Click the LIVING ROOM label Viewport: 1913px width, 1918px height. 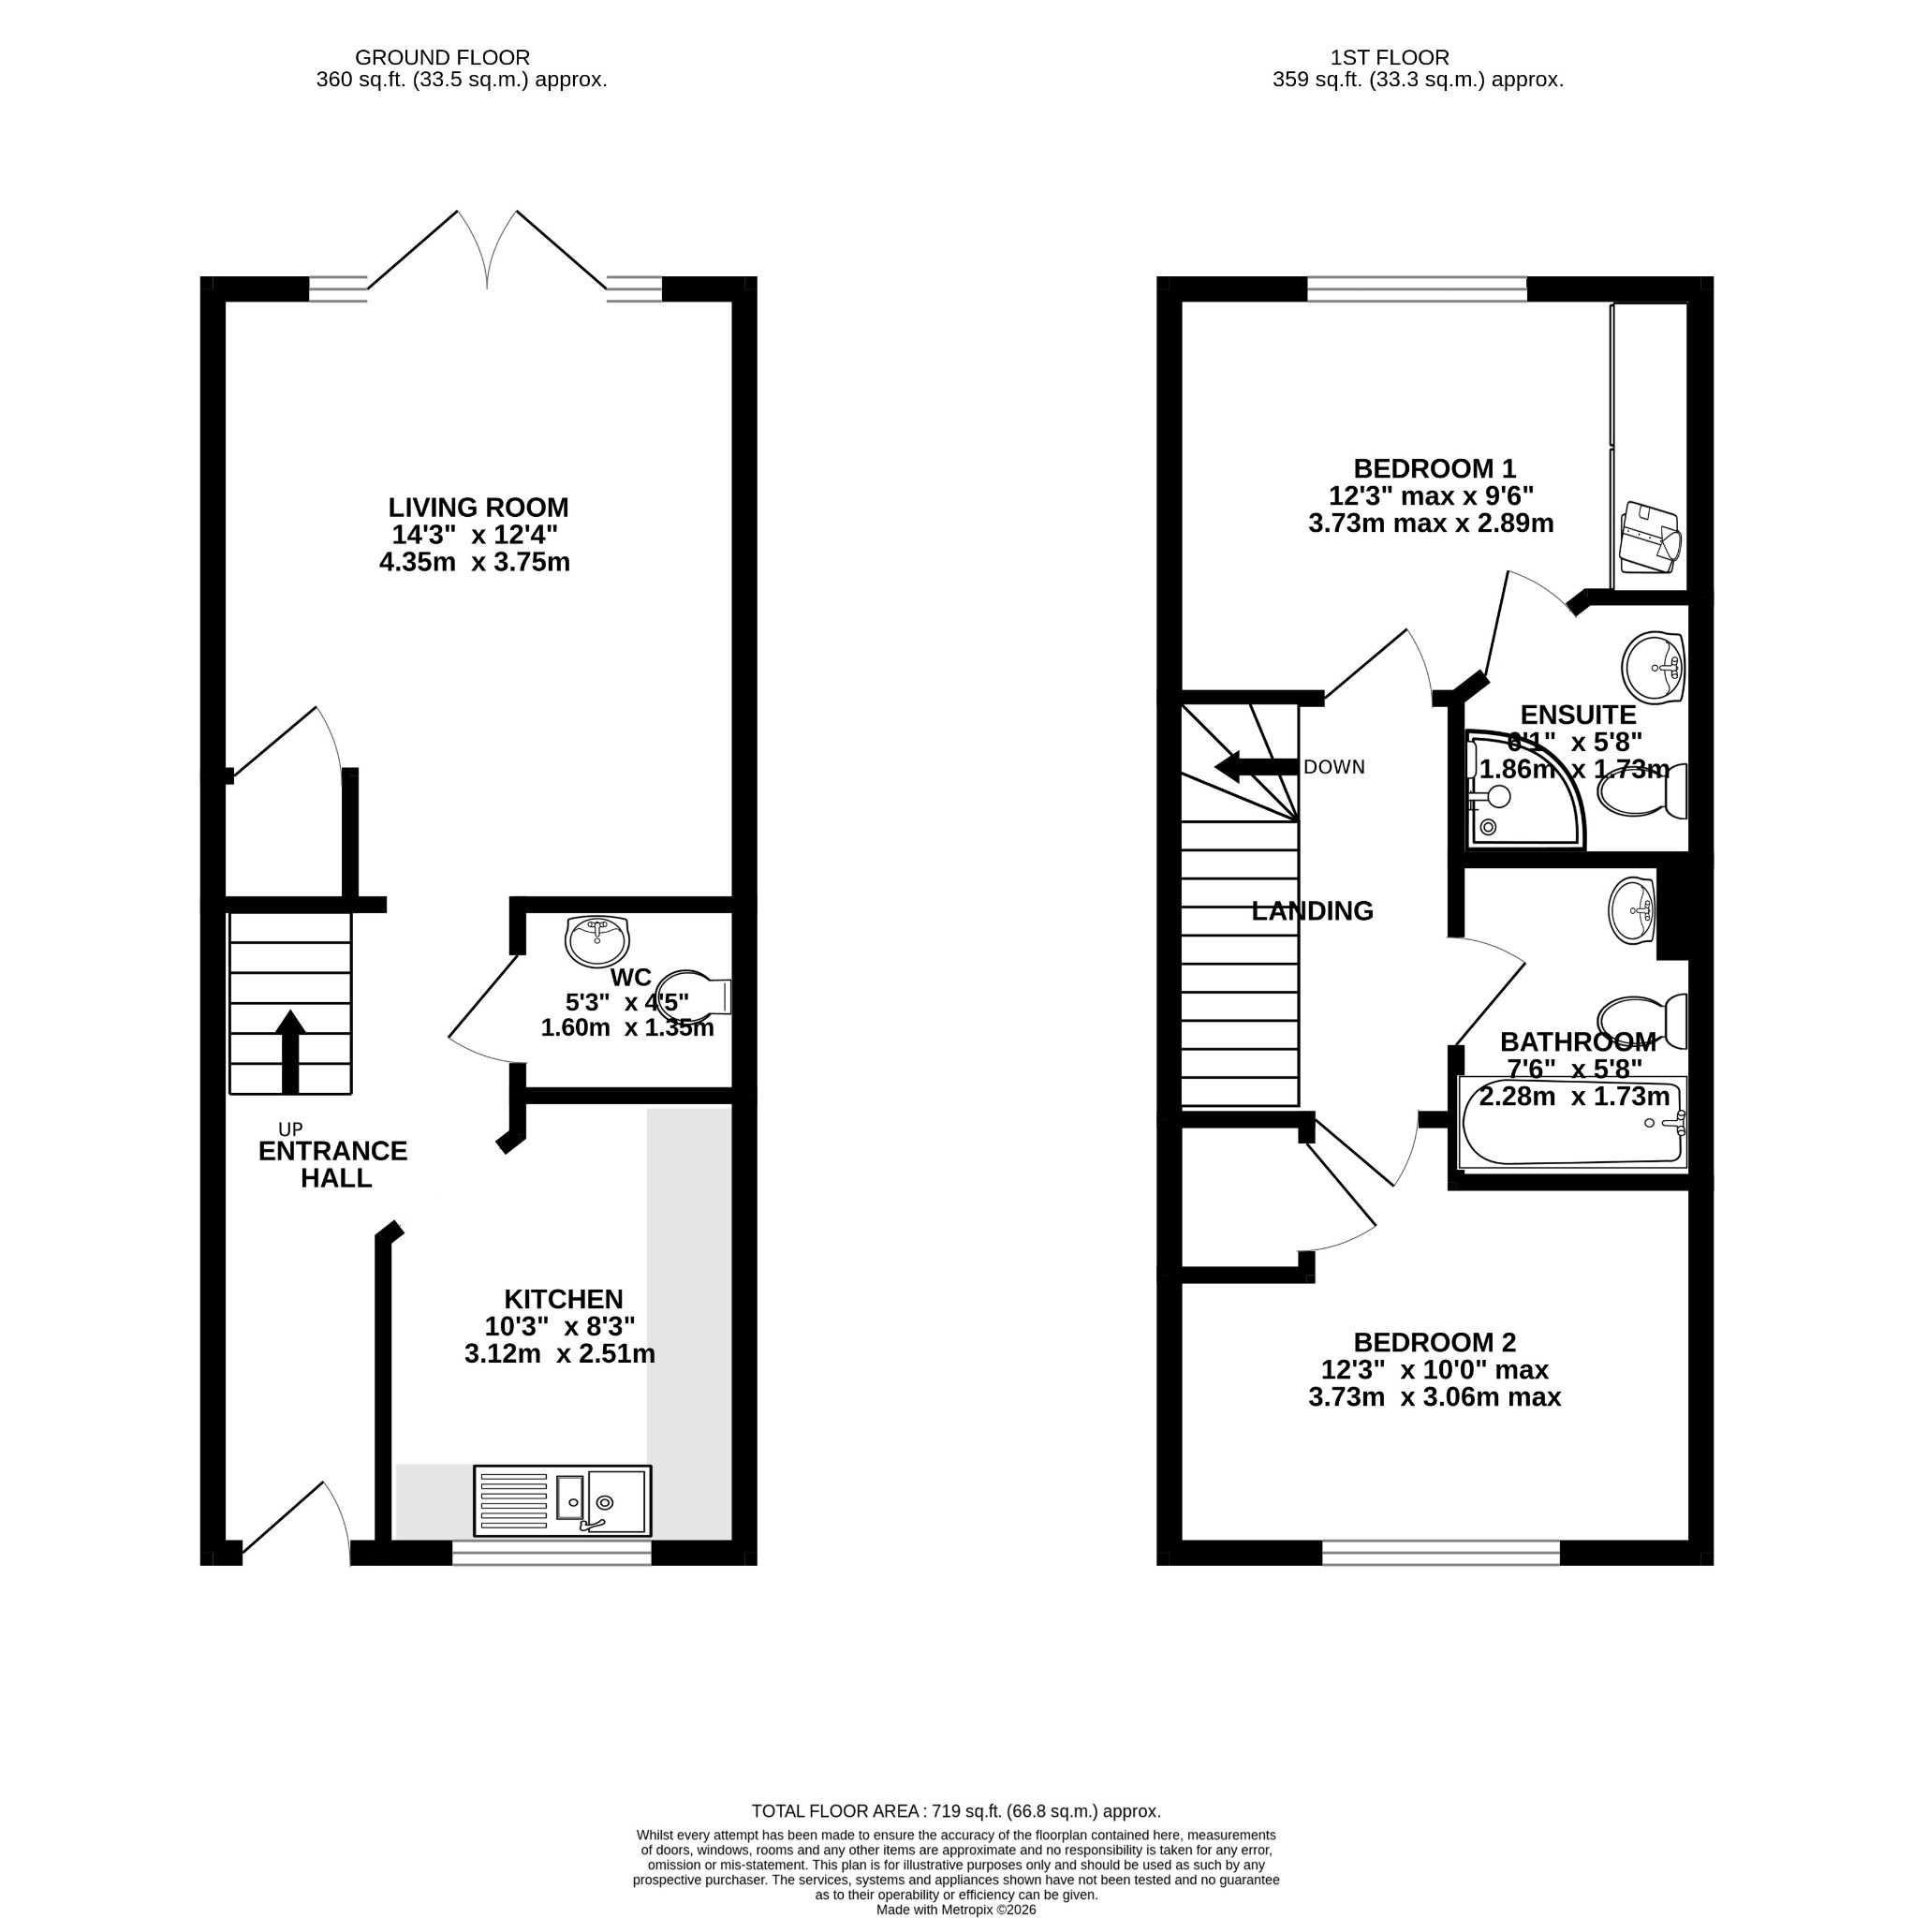pos(478,508)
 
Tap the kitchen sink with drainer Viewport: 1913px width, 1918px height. pos(562,1500)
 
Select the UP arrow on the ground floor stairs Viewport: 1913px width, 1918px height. pos(290,1052)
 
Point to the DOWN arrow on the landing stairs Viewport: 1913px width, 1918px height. pos(1256,766)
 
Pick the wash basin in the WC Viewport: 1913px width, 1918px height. pos(596,940)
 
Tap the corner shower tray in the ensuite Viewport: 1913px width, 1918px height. pos(1523,789)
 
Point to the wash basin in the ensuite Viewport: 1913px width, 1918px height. pos(1653,667)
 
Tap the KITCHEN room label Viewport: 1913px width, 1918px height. pos(563,1299)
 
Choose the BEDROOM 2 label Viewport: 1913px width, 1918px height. pos(1435,1342)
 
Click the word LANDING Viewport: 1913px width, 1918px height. pos(1313,910)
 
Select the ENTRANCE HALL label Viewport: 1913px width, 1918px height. pos(333,1164)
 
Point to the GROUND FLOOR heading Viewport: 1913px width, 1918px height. pos(443,57)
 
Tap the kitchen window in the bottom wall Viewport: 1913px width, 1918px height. pos(552,1553)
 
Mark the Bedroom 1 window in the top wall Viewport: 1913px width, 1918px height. pos(1417,288)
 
